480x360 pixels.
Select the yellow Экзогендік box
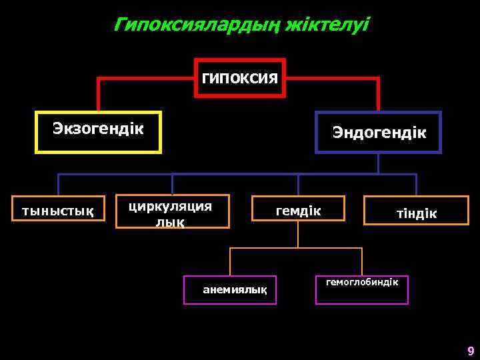(x=98, y=132)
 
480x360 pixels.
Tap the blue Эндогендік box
(x=378, y=133)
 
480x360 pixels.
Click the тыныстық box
(x=59, y=211)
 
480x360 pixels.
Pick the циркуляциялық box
(x=172, y=211)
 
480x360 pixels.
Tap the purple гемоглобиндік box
(x=362, y=289)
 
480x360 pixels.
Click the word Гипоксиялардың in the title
(x=197, y=25)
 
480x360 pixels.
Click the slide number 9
(x=471, y=351)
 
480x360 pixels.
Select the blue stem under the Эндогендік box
(x=378, y=164)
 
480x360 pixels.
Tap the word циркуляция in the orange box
(x=170, y=205)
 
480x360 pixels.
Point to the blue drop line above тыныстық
(x=59, y=185)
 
